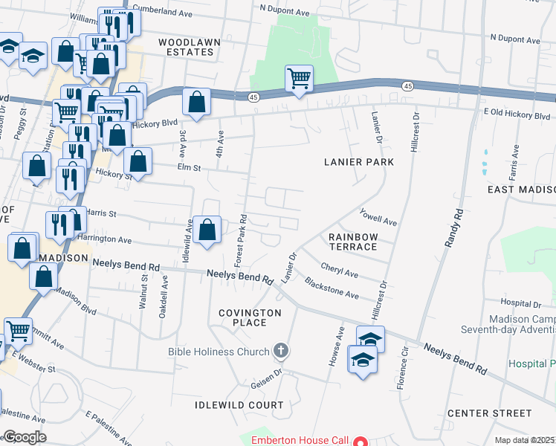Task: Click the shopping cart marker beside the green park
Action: pos(299,77)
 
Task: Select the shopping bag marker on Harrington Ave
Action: pos(208,229)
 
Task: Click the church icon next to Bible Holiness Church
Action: pos(281,349)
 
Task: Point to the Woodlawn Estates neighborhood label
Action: pos(186,47)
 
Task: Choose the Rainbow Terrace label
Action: pos(354,241)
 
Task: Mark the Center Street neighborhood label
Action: pos(489,413)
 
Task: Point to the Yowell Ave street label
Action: pos(378,216)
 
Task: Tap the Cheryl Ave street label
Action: pos(340,268)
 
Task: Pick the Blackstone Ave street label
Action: pos(332,288)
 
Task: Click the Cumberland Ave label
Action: pos(170,12)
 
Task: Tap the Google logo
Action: pos(25,437)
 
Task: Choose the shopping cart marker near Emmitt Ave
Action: pos(18,332)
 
